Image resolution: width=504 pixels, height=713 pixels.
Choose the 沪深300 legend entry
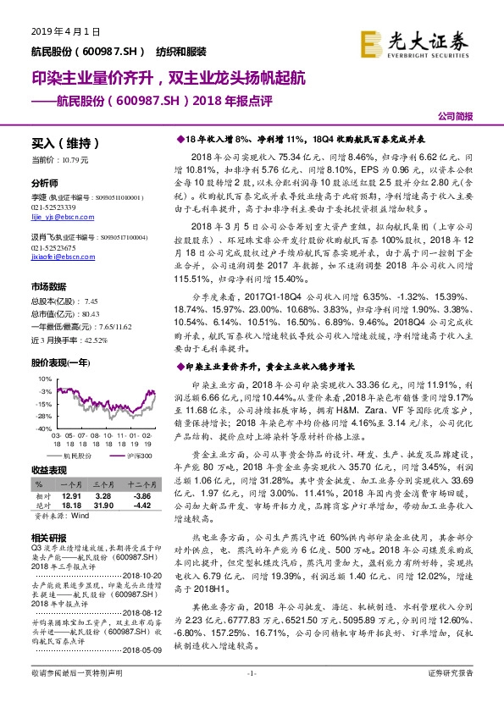(x=138, y=456)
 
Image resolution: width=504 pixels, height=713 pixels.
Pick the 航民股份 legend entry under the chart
(x=74, y=456)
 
